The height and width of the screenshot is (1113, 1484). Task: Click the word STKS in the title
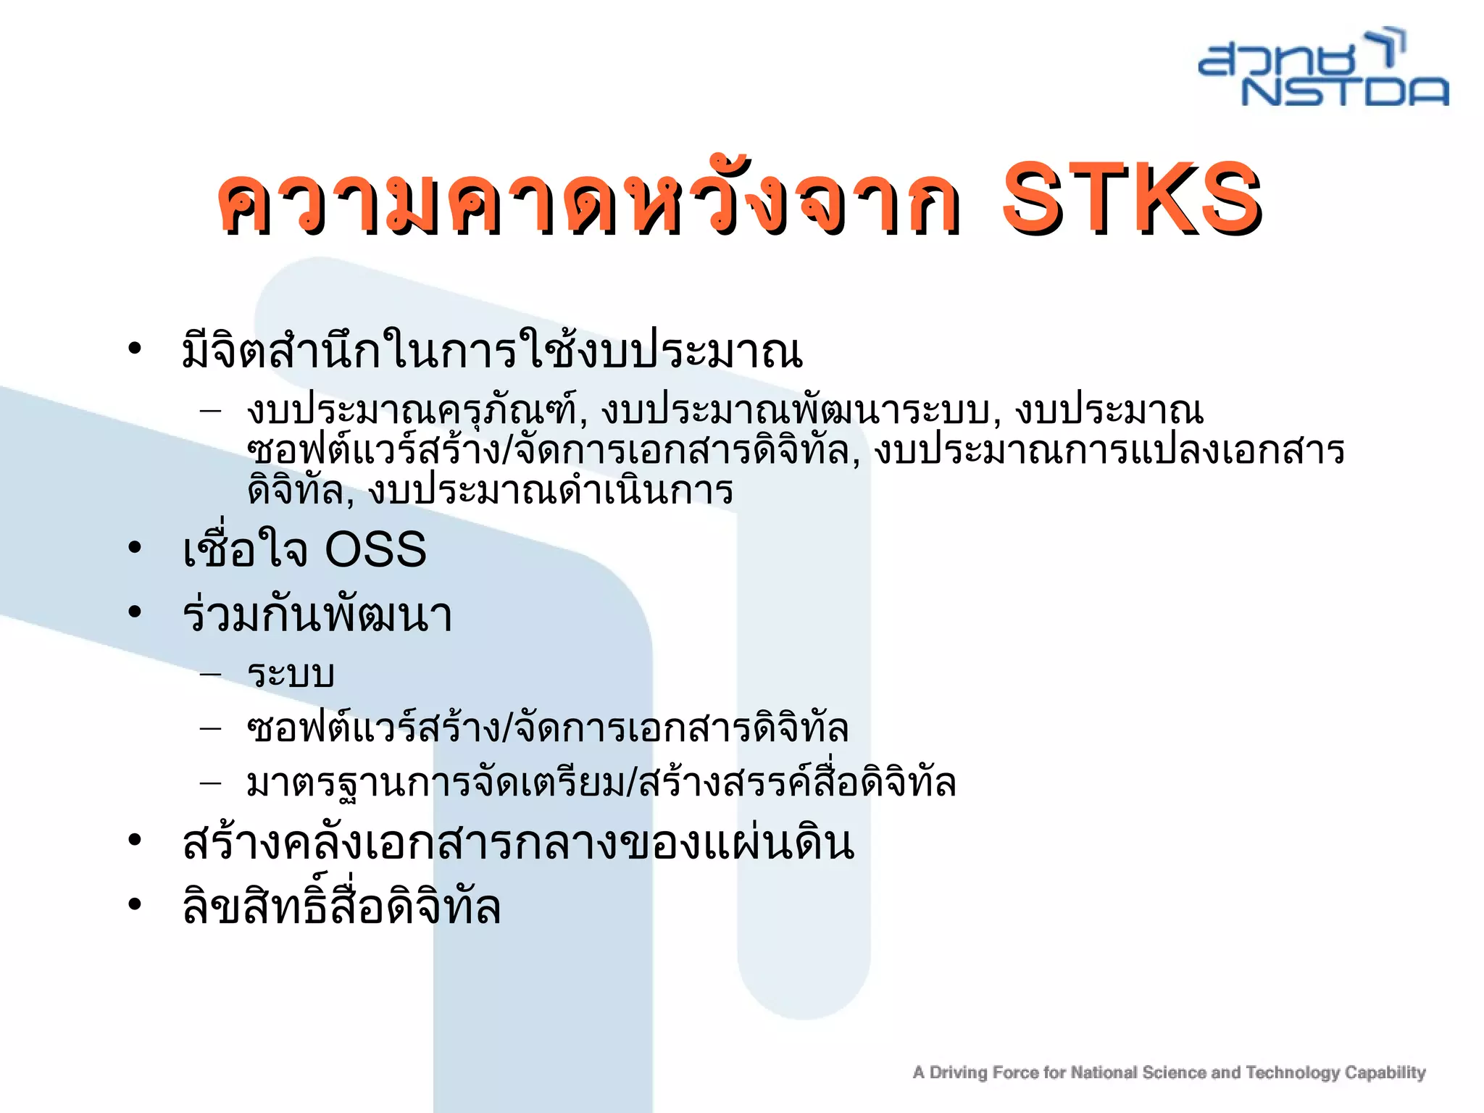pyautogui.click(x=1132, y=197)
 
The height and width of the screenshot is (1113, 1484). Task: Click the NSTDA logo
pyautogui.click(x=1323, y=69)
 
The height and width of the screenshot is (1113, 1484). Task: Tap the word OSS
pyautogui.click(x=375, y=549)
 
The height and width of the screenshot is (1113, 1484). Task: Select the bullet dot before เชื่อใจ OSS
pyautogui.click(x=135, y=548)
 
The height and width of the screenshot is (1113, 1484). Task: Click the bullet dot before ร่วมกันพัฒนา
pyautogui.click(x=135, y=612)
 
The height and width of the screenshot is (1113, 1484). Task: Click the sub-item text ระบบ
pyautogui.click(x=291, y=674)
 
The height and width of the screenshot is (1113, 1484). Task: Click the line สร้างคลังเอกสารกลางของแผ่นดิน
pyautogui.click(x=519, y=843)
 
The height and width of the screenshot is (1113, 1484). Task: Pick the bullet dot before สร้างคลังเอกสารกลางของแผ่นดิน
pyautogui.click(x=135, y=841)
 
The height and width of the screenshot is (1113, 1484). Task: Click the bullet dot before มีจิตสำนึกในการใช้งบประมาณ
pyautogui.click(x=135, y=349)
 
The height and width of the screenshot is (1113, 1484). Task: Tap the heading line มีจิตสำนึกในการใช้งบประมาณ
pyautogui.click(x=493, y=351)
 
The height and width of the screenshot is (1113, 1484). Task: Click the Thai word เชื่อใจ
pyautogui.click(x=246, y=549)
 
